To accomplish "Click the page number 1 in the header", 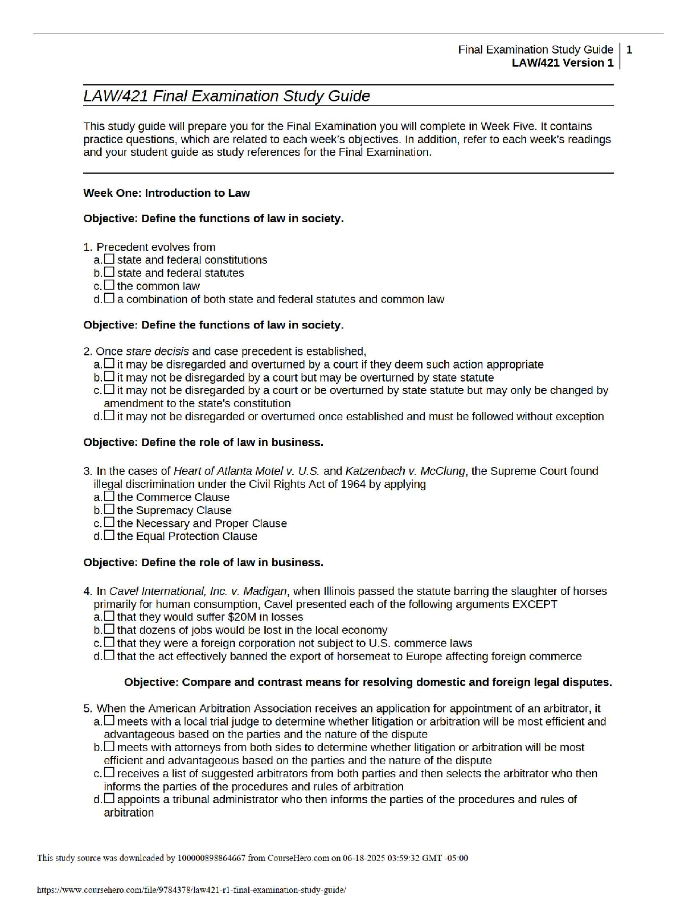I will coord(629,50).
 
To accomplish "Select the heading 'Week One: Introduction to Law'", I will coord(166,193).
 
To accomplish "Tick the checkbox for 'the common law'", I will coord(109,285).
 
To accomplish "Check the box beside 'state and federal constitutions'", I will coord(109,259).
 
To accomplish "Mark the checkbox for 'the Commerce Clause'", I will coord(109,497).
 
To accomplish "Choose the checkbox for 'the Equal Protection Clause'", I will coord(109,536).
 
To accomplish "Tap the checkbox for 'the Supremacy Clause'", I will coord(109,510).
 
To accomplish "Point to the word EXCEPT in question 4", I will coord(535,604).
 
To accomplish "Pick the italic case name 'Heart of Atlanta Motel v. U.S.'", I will coord(247,471).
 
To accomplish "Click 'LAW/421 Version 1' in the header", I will coord(563,63).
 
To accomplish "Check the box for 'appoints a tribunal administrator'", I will coord(109,799).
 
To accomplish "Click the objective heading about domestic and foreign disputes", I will coord(368,682).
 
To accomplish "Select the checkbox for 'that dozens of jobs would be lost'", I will coord(109,630).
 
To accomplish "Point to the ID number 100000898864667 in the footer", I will coord(212,858).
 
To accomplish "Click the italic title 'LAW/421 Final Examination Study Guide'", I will coord(227,96).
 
